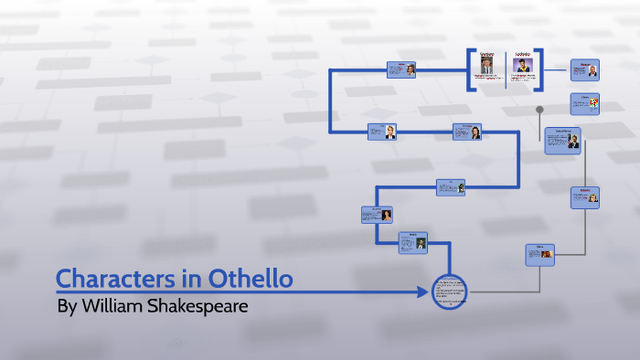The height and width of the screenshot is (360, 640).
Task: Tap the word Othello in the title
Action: (246, 279)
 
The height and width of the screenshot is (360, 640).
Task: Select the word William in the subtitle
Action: (124, 306)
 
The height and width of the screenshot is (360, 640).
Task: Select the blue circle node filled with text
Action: (449, 292)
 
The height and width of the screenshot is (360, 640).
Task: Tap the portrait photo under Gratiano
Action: (487, 67)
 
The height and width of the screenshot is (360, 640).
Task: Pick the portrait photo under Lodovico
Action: (523, 67)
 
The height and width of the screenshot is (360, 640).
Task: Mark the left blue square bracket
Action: (470, 69)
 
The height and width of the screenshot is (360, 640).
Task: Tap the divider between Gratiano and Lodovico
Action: (506, 69)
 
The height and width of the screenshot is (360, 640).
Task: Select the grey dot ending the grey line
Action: (540, 110)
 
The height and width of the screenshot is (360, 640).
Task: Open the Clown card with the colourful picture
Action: (585, 103)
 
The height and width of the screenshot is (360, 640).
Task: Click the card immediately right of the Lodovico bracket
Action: (585, 71)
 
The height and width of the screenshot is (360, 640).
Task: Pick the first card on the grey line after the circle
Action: (540, 255)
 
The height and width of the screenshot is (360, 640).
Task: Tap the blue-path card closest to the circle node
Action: (412, 242)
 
